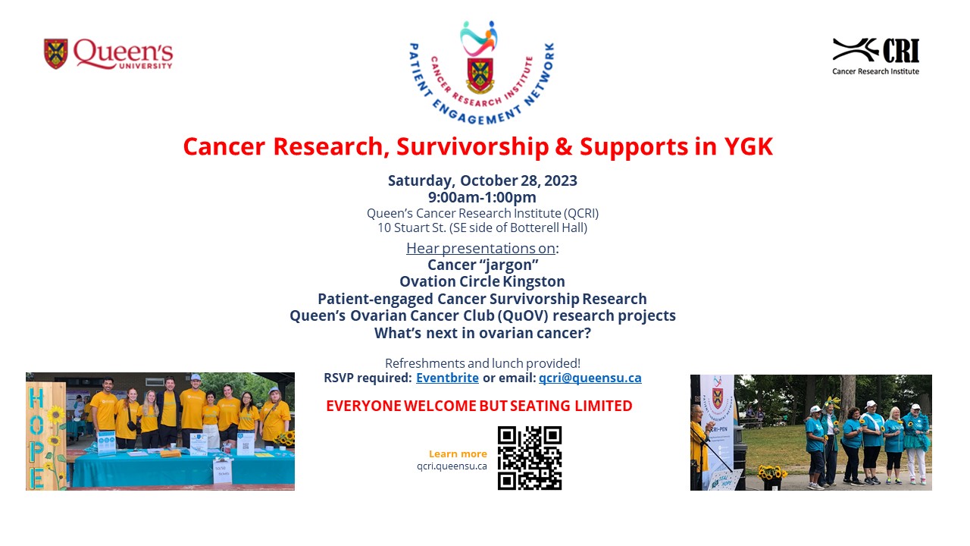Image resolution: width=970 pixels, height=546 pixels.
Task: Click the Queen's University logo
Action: click(108, 54)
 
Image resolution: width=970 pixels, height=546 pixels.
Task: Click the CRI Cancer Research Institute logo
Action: click(876, 55)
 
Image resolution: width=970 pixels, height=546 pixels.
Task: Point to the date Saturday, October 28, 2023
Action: click(482, 180)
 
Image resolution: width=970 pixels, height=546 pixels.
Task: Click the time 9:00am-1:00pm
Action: click(482, 197)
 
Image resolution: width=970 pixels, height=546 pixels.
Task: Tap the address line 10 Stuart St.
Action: click(482, 227)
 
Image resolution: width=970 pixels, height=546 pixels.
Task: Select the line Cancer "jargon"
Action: click(482, 265)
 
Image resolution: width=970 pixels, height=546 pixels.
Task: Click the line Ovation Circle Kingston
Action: click(482, 281)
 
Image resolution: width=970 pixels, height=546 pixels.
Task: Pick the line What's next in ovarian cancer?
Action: click(482, 332)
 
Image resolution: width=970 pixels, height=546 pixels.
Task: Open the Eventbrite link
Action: click(447, 378)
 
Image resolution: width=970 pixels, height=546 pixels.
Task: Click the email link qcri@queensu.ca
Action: click(590, 378)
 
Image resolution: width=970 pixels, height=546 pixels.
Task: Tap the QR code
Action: click(530, 458)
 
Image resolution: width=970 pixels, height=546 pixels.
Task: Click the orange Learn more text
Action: click(458, 453)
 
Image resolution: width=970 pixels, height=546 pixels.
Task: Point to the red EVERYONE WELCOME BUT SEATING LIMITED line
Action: click(479, 406)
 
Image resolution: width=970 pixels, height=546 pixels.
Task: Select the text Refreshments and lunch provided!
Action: click(482, 363)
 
